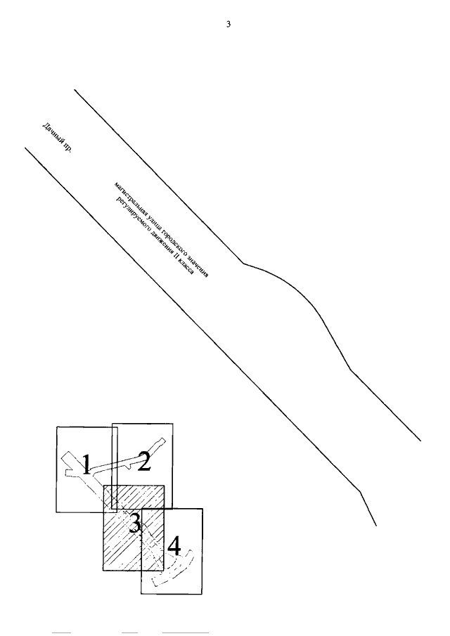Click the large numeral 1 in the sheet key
tap(85, 465)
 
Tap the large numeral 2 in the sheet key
tap(144, 461)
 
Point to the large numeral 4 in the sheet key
tap(174, 545)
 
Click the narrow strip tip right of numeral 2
tap(161, 442)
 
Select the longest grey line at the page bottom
tap(186, 633)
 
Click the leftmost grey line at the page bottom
tap(62, 633)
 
